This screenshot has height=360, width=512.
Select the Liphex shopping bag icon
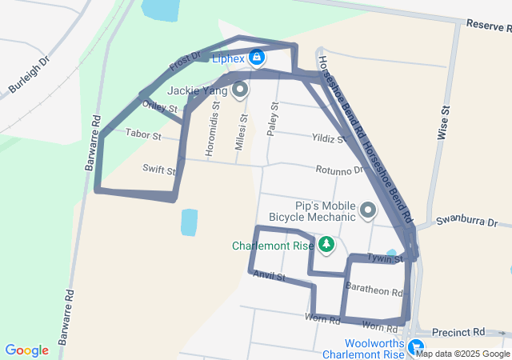(256, 58)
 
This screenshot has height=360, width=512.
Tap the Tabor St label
(145, 137)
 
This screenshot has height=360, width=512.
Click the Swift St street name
(158, 169)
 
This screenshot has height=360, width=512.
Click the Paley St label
(274, 118)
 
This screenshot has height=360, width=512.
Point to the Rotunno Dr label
(339, 170)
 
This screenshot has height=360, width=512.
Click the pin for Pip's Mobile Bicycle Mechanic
(368, 210)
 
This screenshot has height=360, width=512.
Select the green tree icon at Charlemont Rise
(326, 244)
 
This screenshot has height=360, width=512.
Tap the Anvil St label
(270, 276)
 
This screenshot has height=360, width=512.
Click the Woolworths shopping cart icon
(416, 347)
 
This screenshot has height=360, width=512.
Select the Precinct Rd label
(458, 331)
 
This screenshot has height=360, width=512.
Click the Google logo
(27, 350)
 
